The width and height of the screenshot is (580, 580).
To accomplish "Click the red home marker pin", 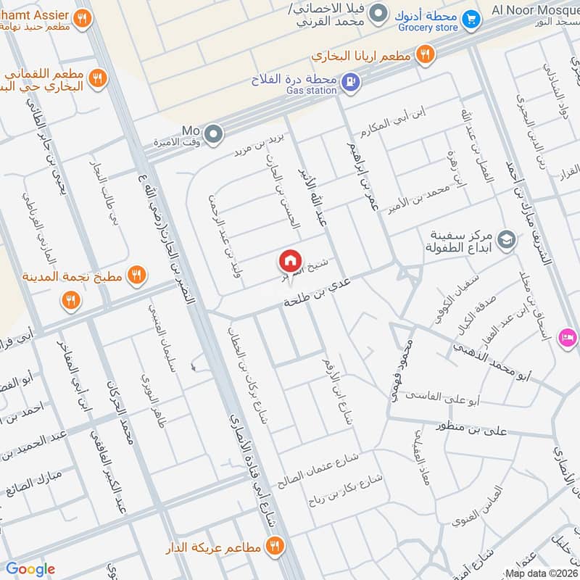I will point(290,260).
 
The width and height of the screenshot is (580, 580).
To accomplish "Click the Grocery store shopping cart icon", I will point(471,17).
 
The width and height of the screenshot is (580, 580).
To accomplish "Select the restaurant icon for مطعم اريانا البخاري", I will point(426,54).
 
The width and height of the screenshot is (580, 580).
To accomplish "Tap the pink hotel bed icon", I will point(567,338).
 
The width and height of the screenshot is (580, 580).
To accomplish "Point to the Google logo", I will point(30,569).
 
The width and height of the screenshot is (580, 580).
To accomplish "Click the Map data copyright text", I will point(542,573).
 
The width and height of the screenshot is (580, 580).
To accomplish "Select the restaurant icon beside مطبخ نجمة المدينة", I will point(134,275).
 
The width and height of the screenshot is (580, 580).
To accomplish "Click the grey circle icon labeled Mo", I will point(213,133).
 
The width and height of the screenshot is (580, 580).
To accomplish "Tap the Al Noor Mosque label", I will point(535,9).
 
